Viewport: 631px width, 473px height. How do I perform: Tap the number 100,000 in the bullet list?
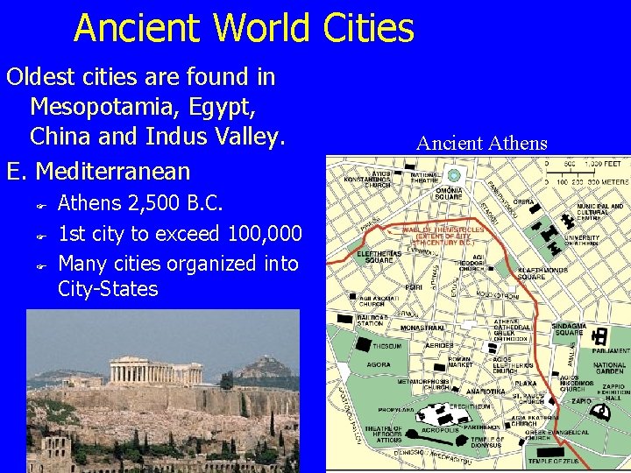[x=265, y=234]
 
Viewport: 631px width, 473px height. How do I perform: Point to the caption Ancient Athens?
[x=481, y=144]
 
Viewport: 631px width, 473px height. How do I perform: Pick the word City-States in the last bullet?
[x=108, y=289]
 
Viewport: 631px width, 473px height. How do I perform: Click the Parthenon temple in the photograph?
[x=139, y=371]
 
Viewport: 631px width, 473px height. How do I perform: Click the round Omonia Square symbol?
[x=454, y=175]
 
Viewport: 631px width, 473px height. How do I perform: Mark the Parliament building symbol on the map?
[x=600, y=335]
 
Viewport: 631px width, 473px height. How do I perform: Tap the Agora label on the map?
[x=378, y=364]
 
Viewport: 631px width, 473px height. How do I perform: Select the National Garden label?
[x=609, y=369]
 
